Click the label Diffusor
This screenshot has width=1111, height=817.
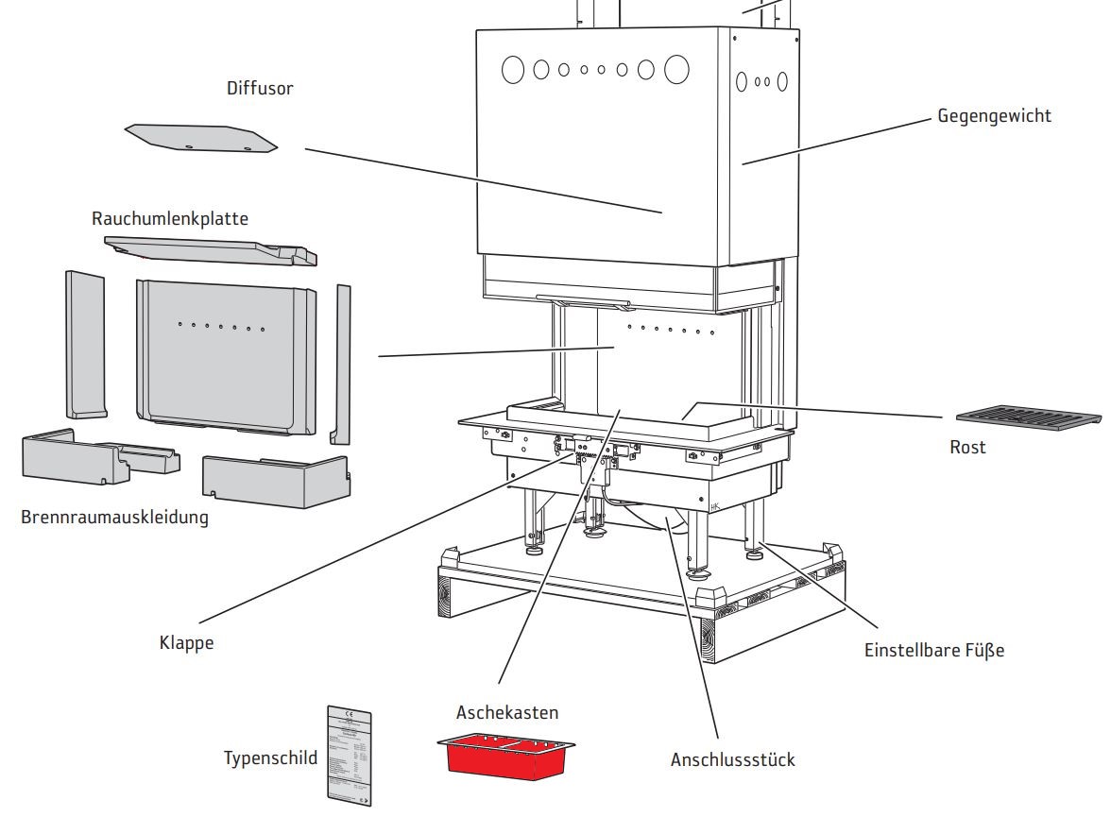260,89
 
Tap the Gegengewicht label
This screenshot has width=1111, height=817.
994,116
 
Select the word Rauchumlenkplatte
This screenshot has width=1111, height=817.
170,218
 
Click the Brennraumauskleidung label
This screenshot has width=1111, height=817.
114,518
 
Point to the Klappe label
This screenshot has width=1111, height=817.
186,643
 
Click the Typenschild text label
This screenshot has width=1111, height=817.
270,757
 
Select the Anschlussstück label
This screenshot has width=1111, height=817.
733,759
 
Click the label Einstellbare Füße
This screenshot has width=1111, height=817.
934,650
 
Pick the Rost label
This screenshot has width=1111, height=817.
967,447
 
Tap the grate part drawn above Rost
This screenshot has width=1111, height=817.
1028,417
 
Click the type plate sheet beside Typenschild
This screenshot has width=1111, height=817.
349,755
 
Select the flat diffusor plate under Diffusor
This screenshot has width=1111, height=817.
201,138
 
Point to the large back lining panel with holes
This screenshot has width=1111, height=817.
226,358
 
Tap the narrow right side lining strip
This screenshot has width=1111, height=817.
341,364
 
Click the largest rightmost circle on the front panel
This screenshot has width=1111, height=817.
676,69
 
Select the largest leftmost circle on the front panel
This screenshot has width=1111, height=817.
512,69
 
